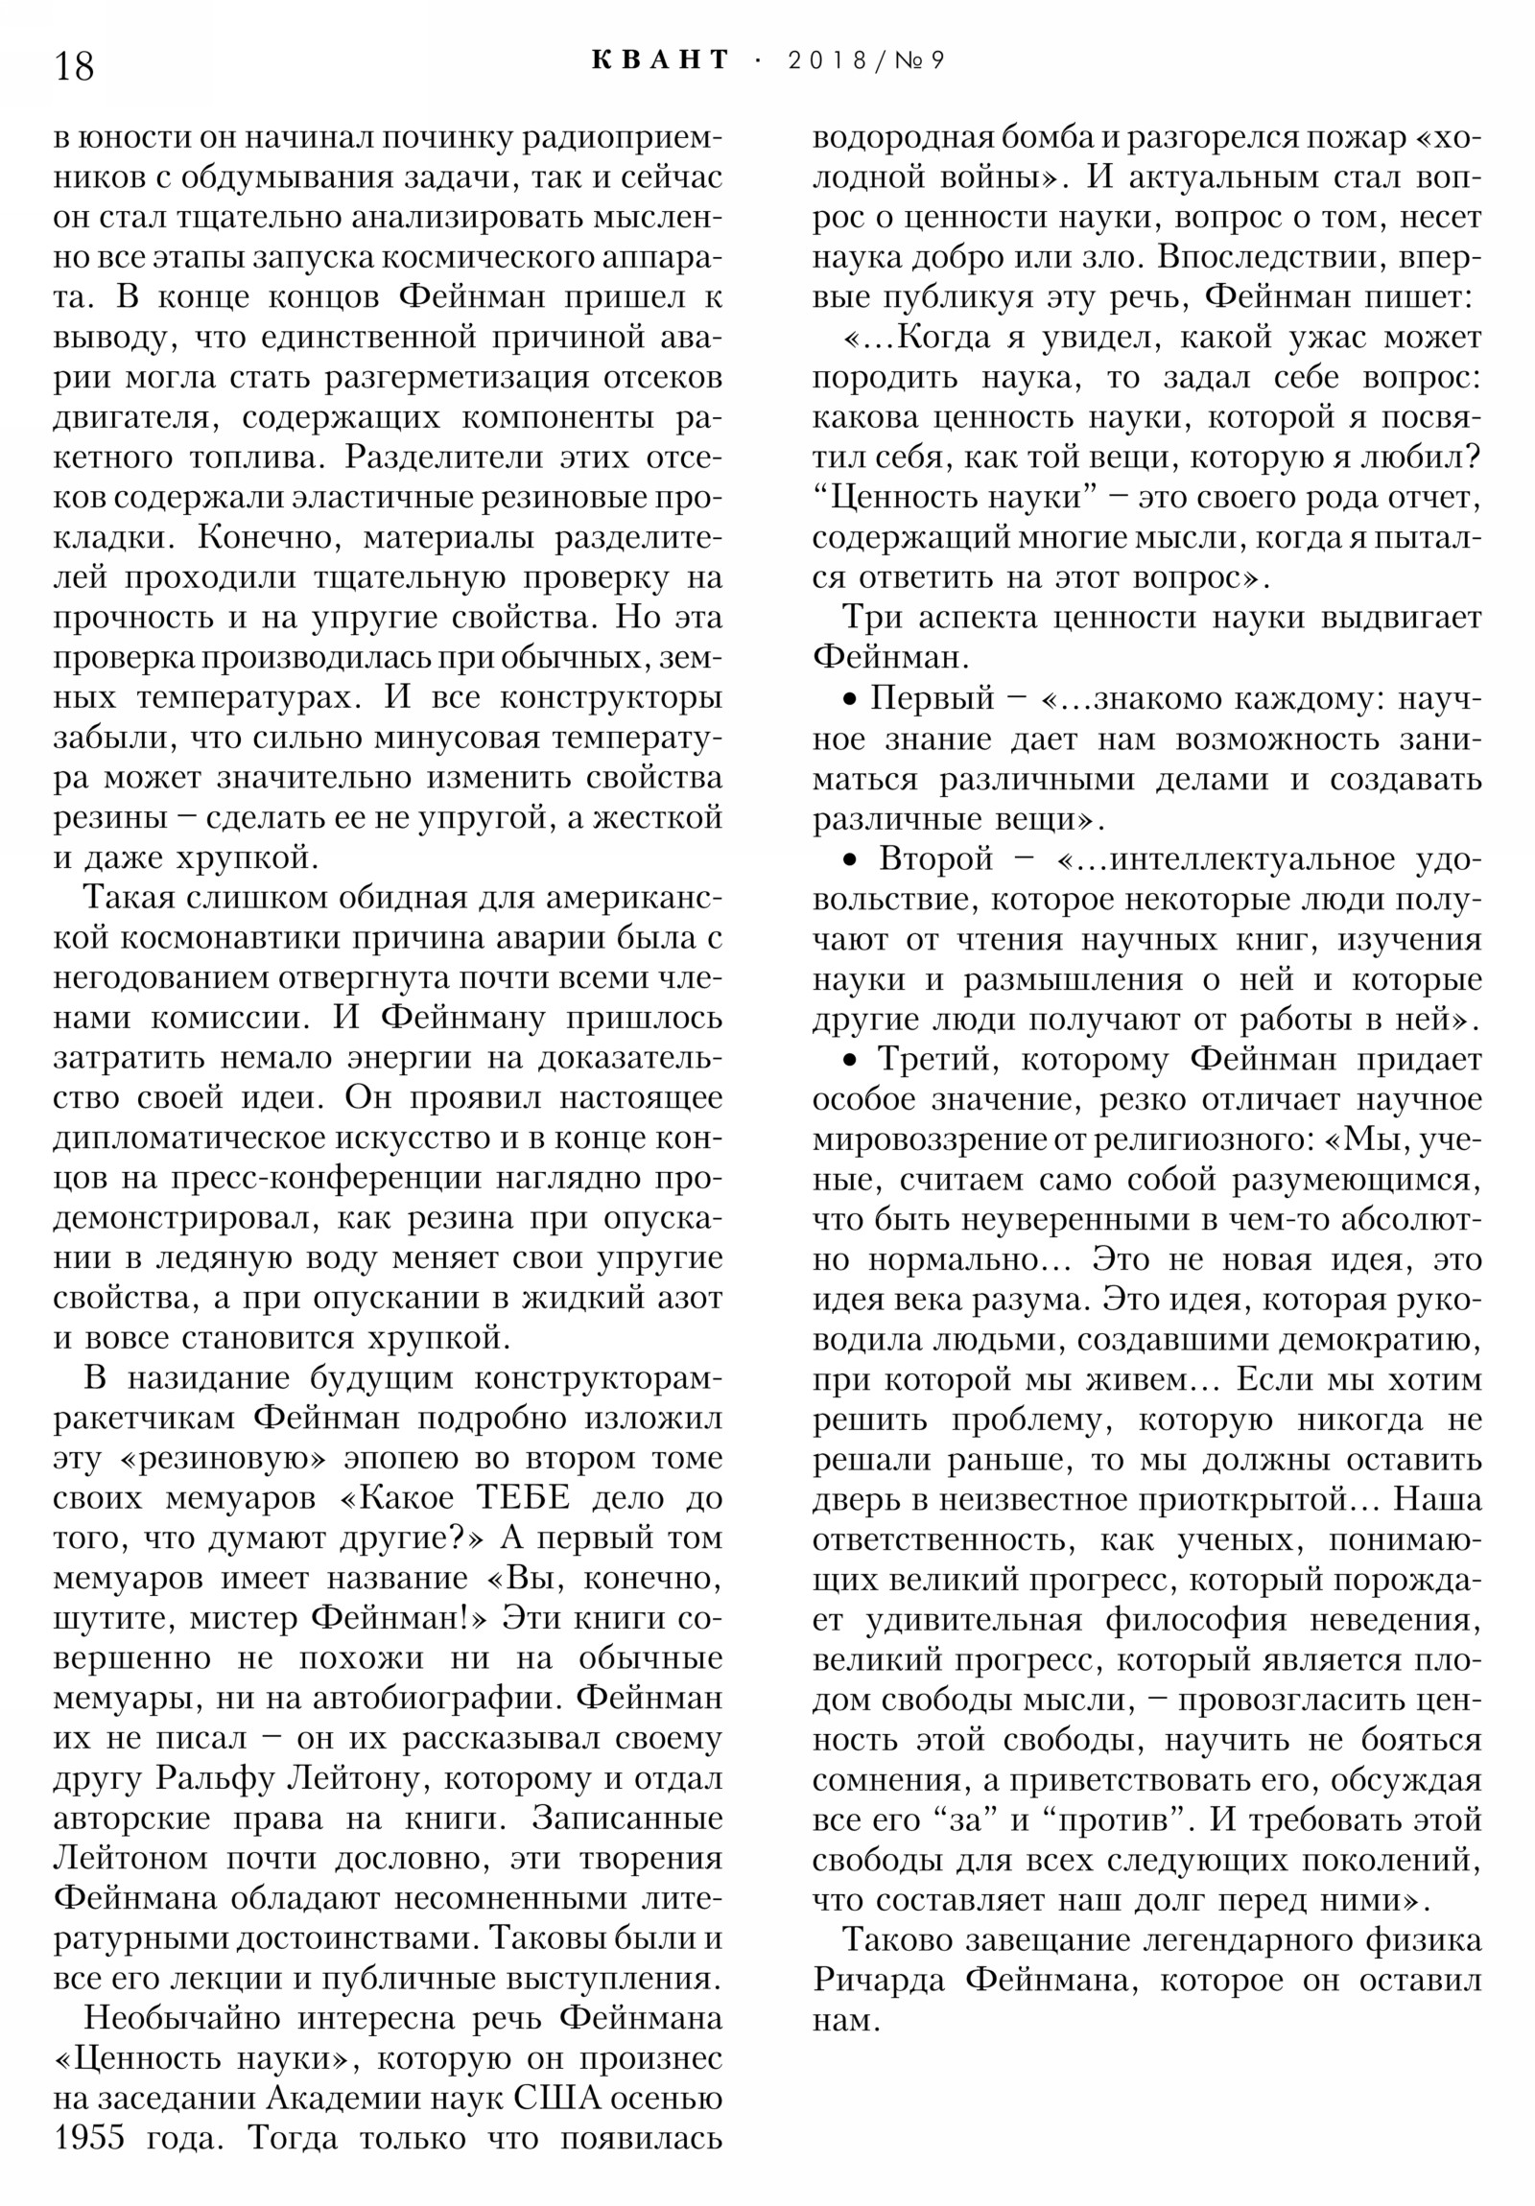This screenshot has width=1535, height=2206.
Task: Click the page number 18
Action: [74, 66]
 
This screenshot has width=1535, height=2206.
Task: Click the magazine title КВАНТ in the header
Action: [660, 59]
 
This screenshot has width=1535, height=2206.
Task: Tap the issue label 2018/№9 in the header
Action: [865, 60]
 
